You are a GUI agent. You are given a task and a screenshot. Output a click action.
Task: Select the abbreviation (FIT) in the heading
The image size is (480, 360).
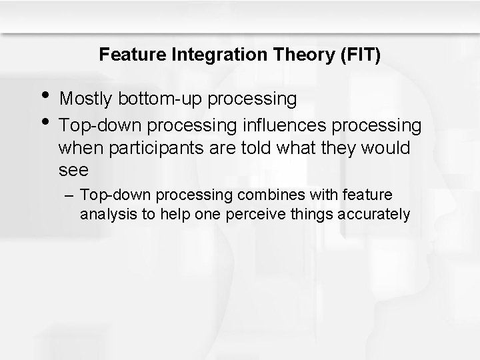point(359,55)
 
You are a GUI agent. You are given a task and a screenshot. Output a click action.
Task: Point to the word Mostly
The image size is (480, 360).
point(87,99)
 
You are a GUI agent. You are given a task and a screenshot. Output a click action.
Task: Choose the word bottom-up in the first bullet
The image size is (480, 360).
point(161,99)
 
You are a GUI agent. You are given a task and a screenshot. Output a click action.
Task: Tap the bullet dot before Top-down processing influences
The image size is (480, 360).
point(45,121)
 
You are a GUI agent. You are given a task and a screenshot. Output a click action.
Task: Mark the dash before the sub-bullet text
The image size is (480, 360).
point(71,196)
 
